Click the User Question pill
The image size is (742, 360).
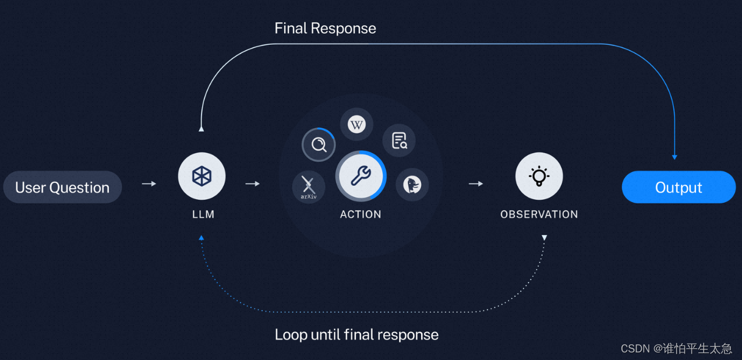point(62,187)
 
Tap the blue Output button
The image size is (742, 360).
point(679,187)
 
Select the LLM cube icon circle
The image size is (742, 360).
point(202,176)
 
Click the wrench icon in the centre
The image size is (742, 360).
point(361,176)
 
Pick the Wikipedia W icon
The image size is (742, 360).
point(356,124)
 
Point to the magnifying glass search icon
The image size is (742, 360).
point(319,144)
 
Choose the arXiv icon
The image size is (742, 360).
point(308,187)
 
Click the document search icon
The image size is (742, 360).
point(399,140)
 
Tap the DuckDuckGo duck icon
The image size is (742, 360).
point(412,185)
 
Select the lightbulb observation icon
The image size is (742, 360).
point(539,176)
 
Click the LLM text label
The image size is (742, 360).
point(203,214)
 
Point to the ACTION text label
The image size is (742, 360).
point(361,214)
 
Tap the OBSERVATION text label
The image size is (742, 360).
point(539,214)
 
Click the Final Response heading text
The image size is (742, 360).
point(325,28)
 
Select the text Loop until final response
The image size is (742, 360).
point(356,334)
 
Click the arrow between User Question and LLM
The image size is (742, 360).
point(149,183)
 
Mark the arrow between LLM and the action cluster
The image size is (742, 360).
point(252,183)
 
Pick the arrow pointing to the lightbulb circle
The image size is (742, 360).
point(476,183)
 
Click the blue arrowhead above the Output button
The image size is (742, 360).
point(674,156)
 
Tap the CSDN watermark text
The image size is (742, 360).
point(676,348)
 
